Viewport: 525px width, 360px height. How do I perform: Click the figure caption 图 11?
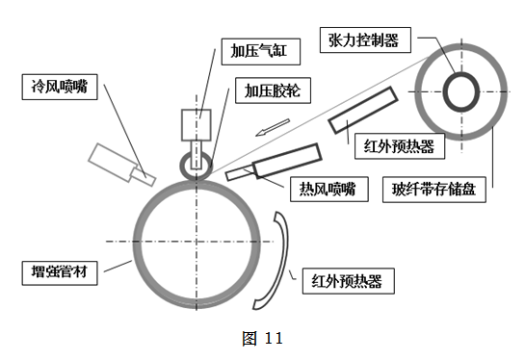click(x=261, y=338)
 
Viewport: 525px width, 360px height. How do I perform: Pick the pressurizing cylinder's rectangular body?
click(x=196, y=125)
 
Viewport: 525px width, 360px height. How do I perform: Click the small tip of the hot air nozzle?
click(x=238, y=174)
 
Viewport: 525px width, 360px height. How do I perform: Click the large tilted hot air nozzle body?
click(x=286, y=162)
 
